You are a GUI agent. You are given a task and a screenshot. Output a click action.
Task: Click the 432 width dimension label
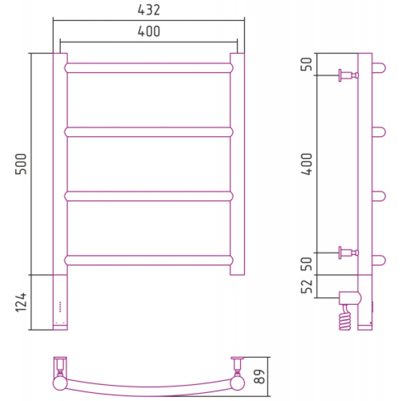[149, 10]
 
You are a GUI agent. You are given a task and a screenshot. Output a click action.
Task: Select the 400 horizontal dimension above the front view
[149, 32]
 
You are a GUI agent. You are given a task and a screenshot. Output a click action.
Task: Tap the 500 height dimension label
[21, 164]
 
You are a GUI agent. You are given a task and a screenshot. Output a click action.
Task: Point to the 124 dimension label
[21, 302]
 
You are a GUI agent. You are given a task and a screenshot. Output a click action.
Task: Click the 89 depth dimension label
[259, 376]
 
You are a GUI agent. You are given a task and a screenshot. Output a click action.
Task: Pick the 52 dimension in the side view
[307, 286]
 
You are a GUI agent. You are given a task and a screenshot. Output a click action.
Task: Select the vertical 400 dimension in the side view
[307, 164]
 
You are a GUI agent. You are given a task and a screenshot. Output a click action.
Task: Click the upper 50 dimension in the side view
[307, 64]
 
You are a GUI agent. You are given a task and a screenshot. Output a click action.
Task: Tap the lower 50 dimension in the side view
[307, 264]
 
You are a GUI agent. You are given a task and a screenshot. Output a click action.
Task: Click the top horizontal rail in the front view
[148, 68]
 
